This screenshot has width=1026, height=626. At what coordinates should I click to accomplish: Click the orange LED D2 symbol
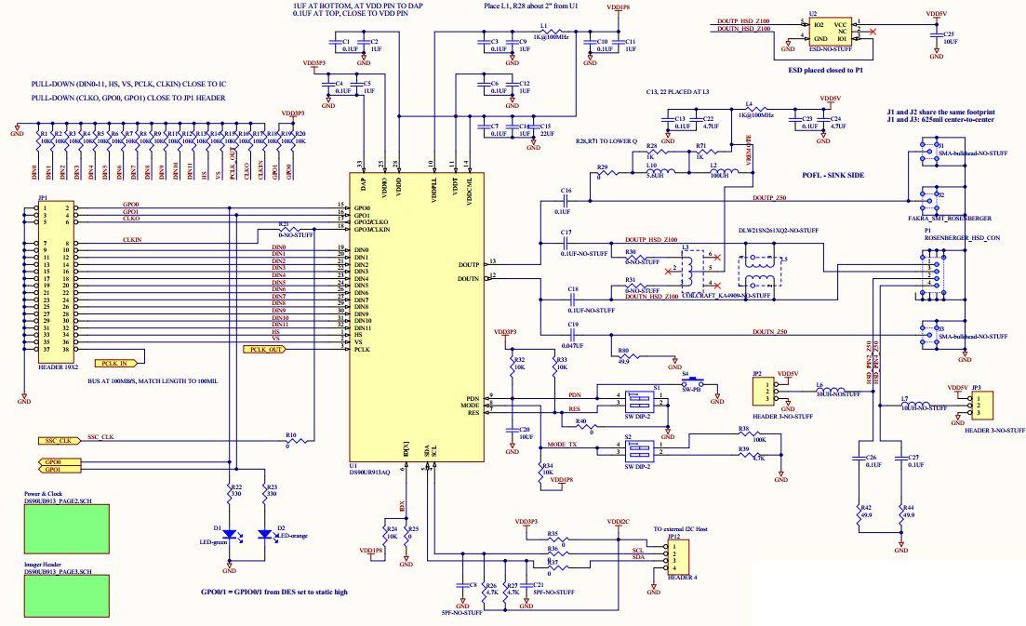point(267,534)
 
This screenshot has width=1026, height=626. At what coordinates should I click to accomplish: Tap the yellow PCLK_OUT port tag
point(263,350)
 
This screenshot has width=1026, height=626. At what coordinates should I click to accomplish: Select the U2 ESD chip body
point(827,31)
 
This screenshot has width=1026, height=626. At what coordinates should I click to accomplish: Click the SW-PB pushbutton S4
point(692,382)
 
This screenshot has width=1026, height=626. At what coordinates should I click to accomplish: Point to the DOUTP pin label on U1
point(469,264)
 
